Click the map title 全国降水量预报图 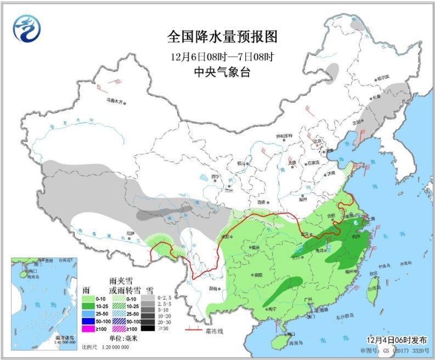[x=222, y=37]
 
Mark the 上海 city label [x=369, y=218]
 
